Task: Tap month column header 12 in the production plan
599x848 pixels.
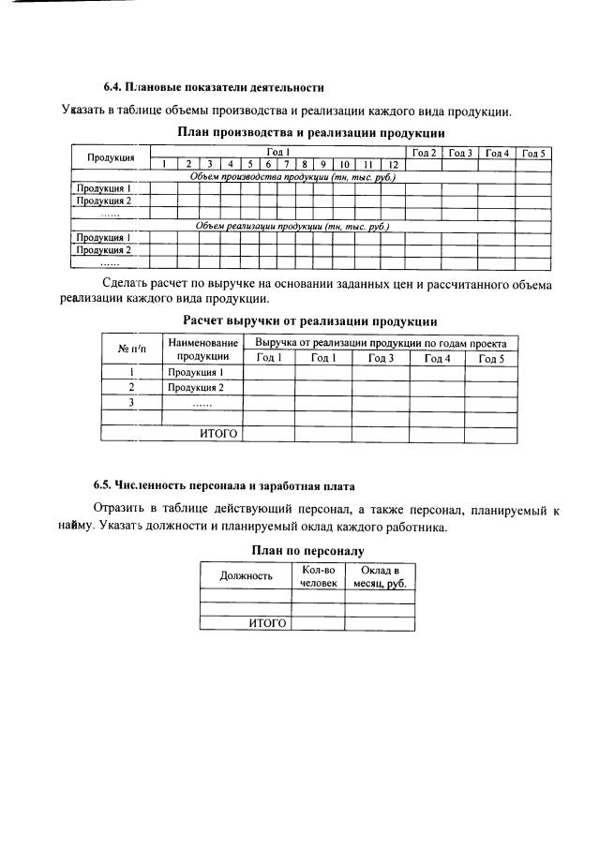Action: point(394,164)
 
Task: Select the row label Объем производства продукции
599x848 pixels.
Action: point(292,176)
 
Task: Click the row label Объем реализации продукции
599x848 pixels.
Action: point(292,226)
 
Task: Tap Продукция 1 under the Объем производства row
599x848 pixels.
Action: point(103,188)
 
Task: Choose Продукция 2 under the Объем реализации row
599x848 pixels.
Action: point(103,250)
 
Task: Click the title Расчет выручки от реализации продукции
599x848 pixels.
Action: point(310,322)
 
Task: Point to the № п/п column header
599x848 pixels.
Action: point(131,350)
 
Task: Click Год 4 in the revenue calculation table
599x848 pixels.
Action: point(437,358)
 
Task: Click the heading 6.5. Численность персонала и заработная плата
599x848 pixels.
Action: point(223,485)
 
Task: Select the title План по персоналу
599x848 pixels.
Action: point(307,552)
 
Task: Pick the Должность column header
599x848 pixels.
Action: point(246,575)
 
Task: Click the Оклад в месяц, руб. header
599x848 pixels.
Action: point(380,575)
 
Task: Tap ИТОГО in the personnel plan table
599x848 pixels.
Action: point(266,622)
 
